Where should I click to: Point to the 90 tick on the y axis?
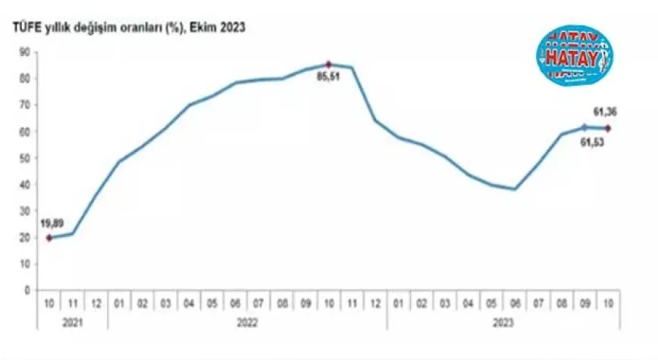(25, 52)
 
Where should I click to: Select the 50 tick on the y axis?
(25, 158)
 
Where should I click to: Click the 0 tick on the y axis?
(27, 290)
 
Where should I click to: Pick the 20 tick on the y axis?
(25, 237)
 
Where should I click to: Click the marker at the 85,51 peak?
(329, 64)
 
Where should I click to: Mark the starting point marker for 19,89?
(49, 237)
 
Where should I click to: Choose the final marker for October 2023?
(608, 127)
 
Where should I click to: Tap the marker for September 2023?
(584, 127)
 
